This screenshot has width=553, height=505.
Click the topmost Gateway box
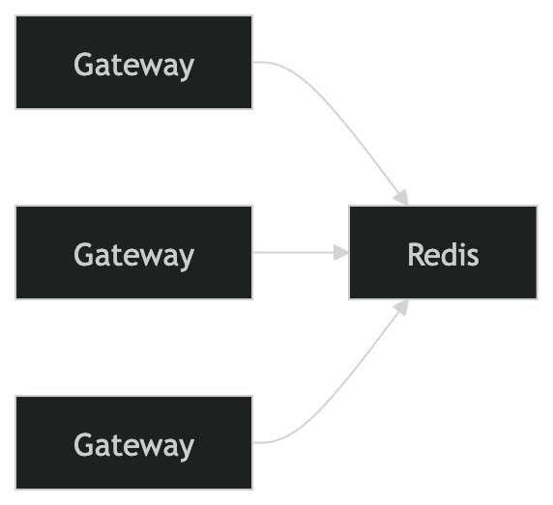tap(133, 62)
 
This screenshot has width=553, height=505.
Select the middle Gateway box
tap(133, 252)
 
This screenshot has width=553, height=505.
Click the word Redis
tap(443, 255)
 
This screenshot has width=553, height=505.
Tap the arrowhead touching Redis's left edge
tap(340, 252)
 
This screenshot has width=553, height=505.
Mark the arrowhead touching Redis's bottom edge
tap(401, 307)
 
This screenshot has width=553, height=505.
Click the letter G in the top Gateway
tap(84, 65)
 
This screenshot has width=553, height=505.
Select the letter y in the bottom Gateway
tap(186, 448)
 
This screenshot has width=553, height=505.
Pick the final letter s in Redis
tap(472, 257)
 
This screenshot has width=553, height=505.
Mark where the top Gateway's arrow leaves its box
tap(254, 62)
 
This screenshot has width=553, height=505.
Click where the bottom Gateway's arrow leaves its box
tap(254, 442)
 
